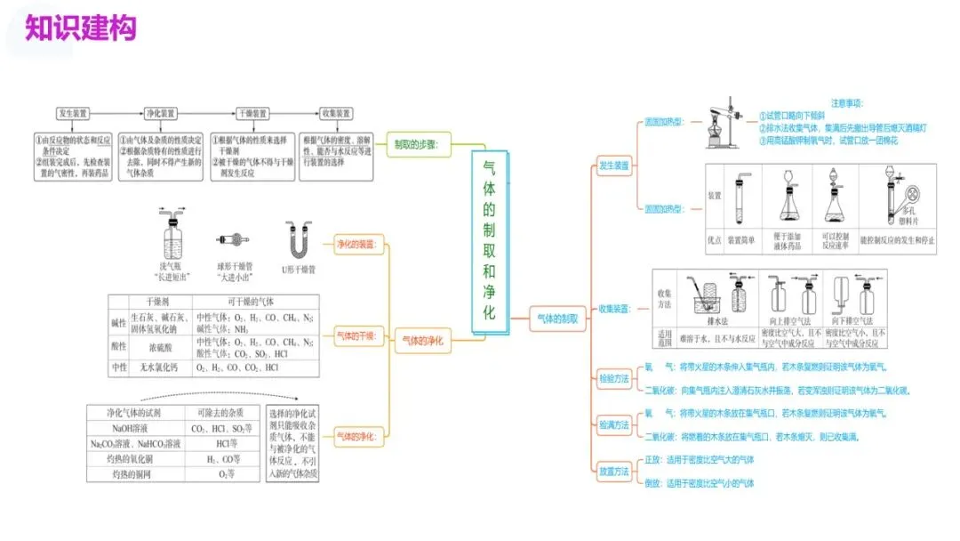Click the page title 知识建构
pyautogui.click(x=80, y=28)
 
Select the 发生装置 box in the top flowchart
pyautogui.click(x=73, y=114)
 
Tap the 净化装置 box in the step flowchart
pyautogui.click(x=160, y=114)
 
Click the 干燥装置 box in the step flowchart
pyautogui.click(x=251, y=114)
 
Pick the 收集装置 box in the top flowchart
pyautogui.click(x=336, y=114)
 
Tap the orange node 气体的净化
pyautogui.click(x=423, y=340)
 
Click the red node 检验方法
pyautogui.click(x=613, y=378)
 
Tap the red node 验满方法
pyautogui.click(x=613, y=425)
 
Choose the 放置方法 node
pyautogui.click(x=613, y=472)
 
